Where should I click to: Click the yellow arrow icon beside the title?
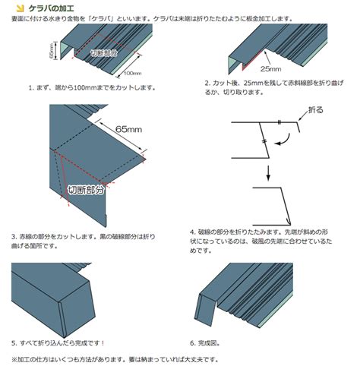[x=20, y=8]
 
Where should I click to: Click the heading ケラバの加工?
[x=51, y=8]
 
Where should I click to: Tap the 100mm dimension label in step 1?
[x=132, y=74]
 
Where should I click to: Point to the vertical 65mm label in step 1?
[x=52, y=51]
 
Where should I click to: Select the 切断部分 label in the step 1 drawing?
[x=104, y=53]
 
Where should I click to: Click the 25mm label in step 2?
[x=270, y=69]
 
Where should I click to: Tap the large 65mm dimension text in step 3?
[x=128, y=129]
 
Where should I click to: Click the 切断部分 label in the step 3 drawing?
[x=86, y=190]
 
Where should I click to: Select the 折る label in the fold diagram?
[x=316, y=110]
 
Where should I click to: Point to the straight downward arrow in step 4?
[x=268, y=173]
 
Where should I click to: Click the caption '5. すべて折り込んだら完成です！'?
[x=58, y=343]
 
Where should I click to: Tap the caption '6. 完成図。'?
[x=205, y=343]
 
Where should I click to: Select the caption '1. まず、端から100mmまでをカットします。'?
[x=92, y=88]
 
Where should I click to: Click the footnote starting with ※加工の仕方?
[x=115, y=359]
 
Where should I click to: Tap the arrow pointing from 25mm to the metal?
[x=267, y=58]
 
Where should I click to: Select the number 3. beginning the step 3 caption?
[x=14, y=237]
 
